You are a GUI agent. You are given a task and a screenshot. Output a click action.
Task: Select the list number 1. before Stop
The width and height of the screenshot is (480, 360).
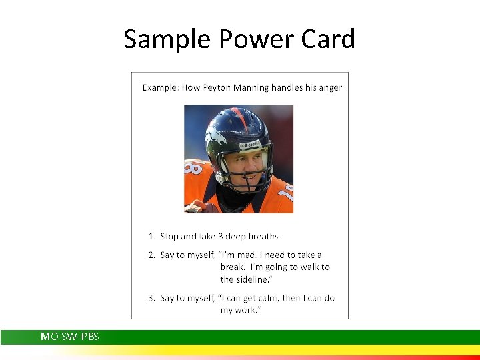point(151,236)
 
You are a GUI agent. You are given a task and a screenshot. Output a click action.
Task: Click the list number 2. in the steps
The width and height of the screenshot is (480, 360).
point(151,255)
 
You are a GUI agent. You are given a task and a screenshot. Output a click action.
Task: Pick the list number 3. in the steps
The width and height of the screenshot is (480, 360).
point(151,297)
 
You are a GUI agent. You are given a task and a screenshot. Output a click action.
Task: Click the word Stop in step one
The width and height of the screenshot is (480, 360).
point(169,236)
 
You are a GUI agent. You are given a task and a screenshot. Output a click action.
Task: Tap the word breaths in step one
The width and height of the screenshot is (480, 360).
point(264,236)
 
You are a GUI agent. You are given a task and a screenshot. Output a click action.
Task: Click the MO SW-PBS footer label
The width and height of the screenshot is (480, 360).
point(70,337)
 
